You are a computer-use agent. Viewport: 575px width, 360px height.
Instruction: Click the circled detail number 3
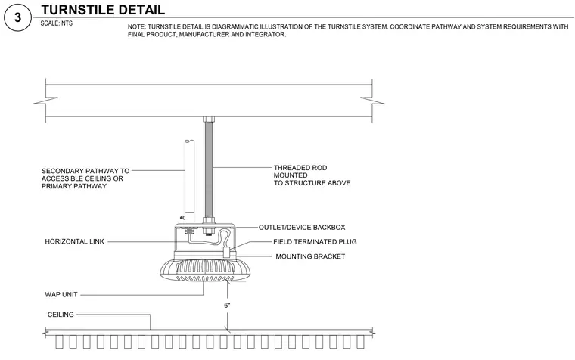coord(17,17)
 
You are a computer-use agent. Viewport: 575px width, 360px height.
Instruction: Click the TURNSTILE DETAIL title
coord(103,10)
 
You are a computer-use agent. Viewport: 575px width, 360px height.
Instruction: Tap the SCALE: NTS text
coord(57,23)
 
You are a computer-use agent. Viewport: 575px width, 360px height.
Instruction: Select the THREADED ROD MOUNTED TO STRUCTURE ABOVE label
coord(312,175)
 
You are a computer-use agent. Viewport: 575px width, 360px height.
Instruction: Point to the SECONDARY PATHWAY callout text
coord(85,178)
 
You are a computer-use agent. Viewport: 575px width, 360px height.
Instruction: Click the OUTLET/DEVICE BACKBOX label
coord(302,228)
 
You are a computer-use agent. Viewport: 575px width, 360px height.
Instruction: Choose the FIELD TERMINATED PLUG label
coord(315,241)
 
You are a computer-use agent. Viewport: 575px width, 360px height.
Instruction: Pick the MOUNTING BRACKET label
coord(310,256)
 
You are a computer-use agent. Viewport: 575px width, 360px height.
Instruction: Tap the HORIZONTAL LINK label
coord(74,241)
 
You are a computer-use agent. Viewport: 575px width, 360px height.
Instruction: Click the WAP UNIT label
coord(61,294)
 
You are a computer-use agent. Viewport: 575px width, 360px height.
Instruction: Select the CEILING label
coord(61,315)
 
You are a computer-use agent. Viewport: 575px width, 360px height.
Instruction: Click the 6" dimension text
coord(228,306)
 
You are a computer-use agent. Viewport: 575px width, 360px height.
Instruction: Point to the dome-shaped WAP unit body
coord(205,270)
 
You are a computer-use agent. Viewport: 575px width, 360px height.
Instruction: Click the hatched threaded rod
coord(209,170)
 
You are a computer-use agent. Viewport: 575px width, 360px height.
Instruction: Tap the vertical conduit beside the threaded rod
coord(189,182)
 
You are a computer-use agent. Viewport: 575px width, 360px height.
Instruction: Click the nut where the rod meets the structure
coord(209,119)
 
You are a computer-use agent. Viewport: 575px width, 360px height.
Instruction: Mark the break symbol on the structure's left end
coord(46,101)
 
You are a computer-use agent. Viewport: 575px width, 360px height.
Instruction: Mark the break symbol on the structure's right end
coord(372,101)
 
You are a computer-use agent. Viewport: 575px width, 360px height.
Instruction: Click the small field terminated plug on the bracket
coord(227,252)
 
